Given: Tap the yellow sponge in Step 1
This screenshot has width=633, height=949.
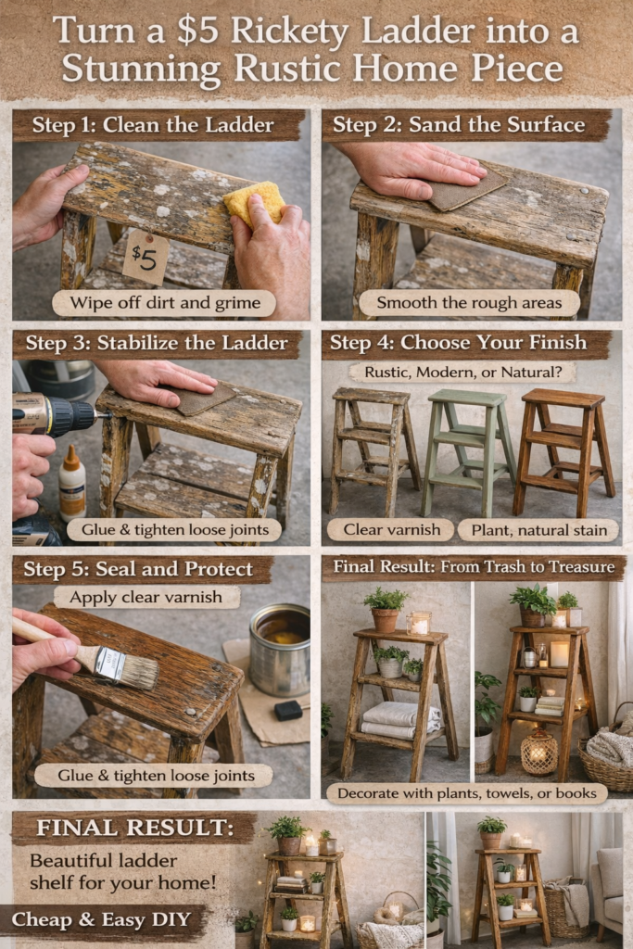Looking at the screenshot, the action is tap(254, 202).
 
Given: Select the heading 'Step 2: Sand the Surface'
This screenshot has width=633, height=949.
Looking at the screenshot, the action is tap(459, 125).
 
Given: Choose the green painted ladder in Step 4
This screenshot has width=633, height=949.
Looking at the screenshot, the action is tap(468, 451).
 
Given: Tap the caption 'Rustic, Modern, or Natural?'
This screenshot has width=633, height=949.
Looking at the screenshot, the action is tap(463, 373).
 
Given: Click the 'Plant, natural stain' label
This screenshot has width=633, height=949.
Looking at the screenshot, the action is tap(538, 530).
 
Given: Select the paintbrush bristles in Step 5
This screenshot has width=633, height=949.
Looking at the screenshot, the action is tap(137, 671).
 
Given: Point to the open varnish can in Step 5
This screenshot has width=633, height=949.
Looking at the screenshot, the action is tap(280, 650).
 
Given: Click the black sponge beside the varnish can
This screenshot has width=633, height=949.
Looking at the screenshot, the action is tap(288, 710).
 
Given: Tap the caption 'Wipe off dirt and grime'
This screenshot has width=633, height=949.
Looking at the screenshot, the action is tap(165, 303).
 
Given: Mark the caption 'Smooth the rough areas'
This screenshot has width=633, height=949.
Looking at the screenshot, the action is tap(469, 303).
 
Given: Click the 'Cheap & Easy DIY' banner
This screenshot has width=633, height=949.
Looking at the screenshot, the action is tap(101, 920).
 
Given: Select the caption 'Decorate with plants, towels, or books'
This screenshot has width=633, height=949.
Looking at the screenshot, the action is tap(466, 793).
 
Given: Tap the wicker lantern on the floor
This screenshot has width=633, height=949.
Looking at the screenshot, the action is tap(538, 753).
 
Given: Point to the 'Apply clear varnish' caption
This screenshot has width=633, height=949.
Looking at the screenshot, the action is tap(146, 598).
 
